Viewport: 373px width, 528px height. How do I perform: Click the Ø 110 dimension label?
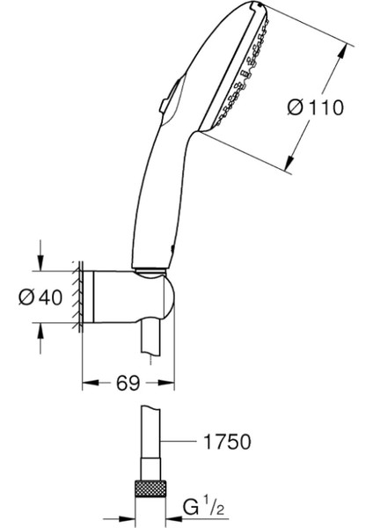(x=316, y=107)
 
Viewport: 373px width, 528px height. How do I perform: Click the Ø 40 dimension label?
(x=40, y=297)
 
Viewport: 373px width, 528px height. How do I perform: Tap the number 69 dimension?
(x=128, y=383)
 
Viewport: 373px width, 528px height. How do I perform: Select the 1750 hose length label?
(x=227, y=441)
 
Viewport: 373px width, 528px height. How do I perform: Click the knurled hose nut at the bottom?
(x=150, y=488)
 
